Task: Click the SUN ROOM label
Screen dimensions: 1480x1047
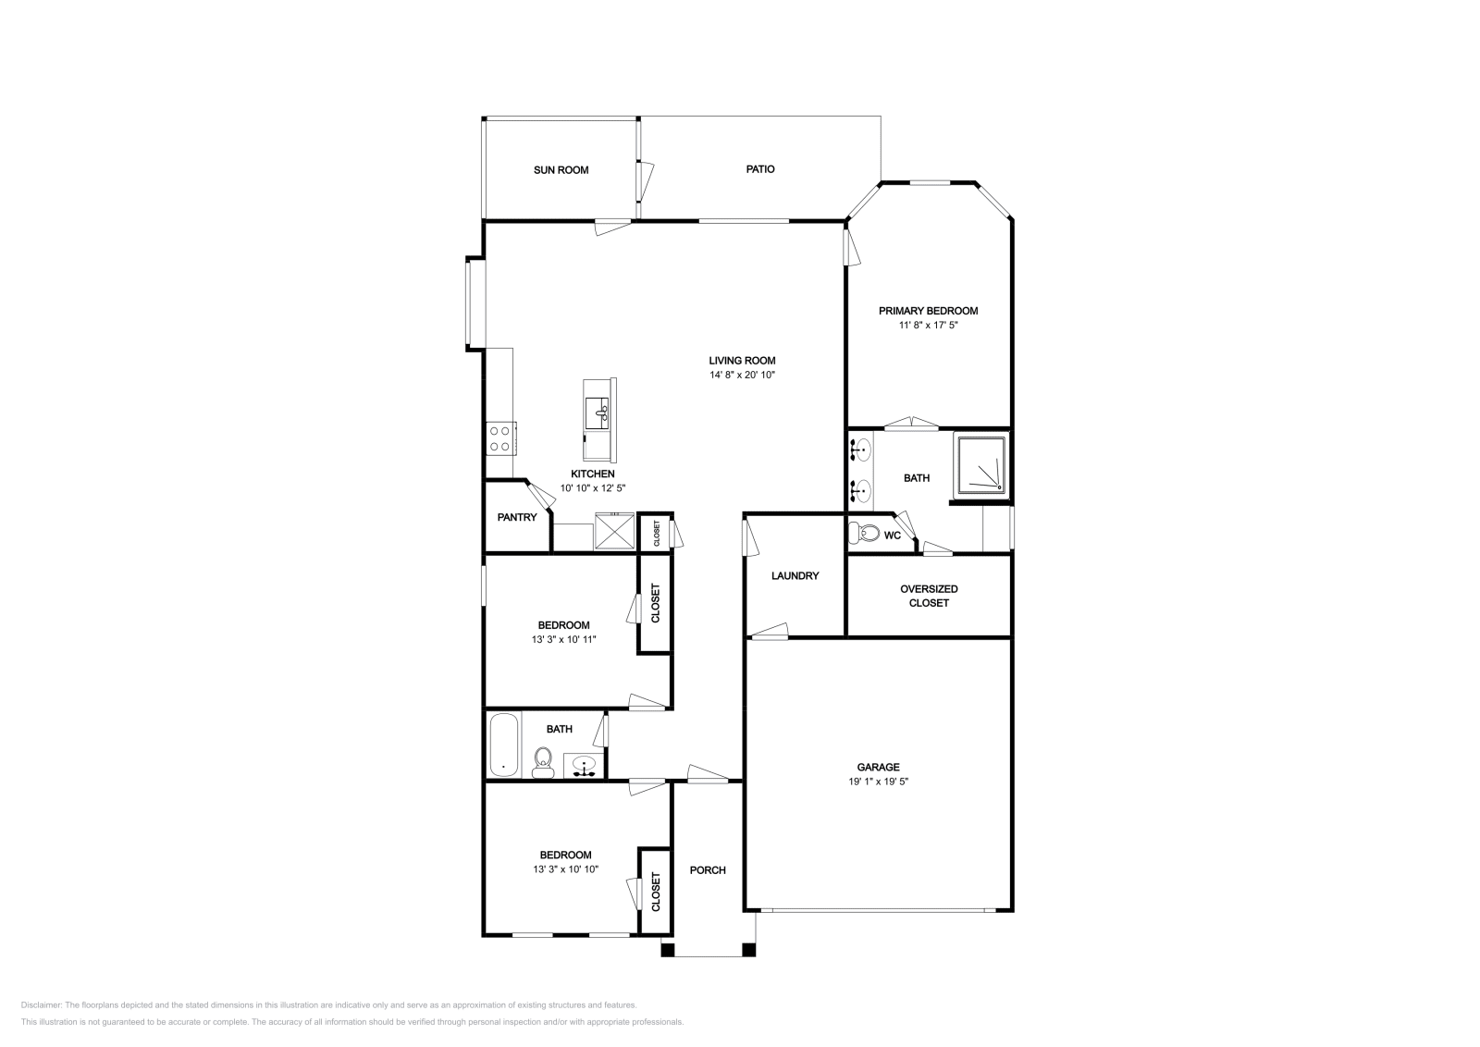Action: [561, 170]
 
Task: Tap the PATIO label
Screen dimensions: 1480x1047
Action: [759, 169]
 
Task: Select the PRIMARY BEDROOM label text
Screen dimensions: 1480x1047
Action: [928, 311]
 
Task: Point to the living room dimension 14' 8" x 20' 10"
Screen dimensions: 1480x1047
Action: [742, 375]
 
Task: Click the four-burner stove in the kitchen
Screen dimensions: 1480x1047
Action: [501, 438]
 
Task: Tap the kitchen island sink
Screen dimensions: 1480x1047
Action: [597, 413]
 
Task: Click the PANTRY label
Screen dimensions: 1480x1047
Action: [517, 517]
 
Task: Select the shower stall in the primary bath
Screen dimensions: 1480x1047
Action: [980, 465]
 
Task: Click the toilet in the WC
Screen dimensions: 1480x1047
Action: [864, 532]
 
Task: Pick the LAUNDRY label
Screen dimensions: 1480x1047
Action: [795, 575]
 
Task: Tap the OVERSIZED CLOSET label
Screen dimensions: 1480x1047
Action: [929, 596]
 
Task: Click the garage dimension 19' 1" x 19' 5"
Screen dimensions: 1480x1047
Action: [878, 782]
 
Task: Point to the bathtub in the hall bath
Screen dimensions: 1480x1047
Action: [505, 745]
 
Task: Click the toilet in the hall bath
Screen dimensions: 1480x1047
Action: [543, 762]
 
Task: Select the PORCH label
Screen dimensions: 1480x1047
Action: [708, 870]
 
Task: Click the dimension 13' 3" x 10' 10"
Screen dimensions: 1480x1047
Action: [565, 869]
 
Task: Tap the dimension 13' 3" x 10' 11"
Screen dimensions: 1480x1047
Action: [563, 639]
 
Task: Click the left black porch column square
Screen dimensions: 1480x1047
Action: [668, 950]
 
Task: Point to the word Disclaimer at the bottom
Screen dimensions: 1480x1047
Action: [41, 1004]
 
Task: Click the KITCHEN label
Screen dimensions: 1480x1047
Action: [593, 474]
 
